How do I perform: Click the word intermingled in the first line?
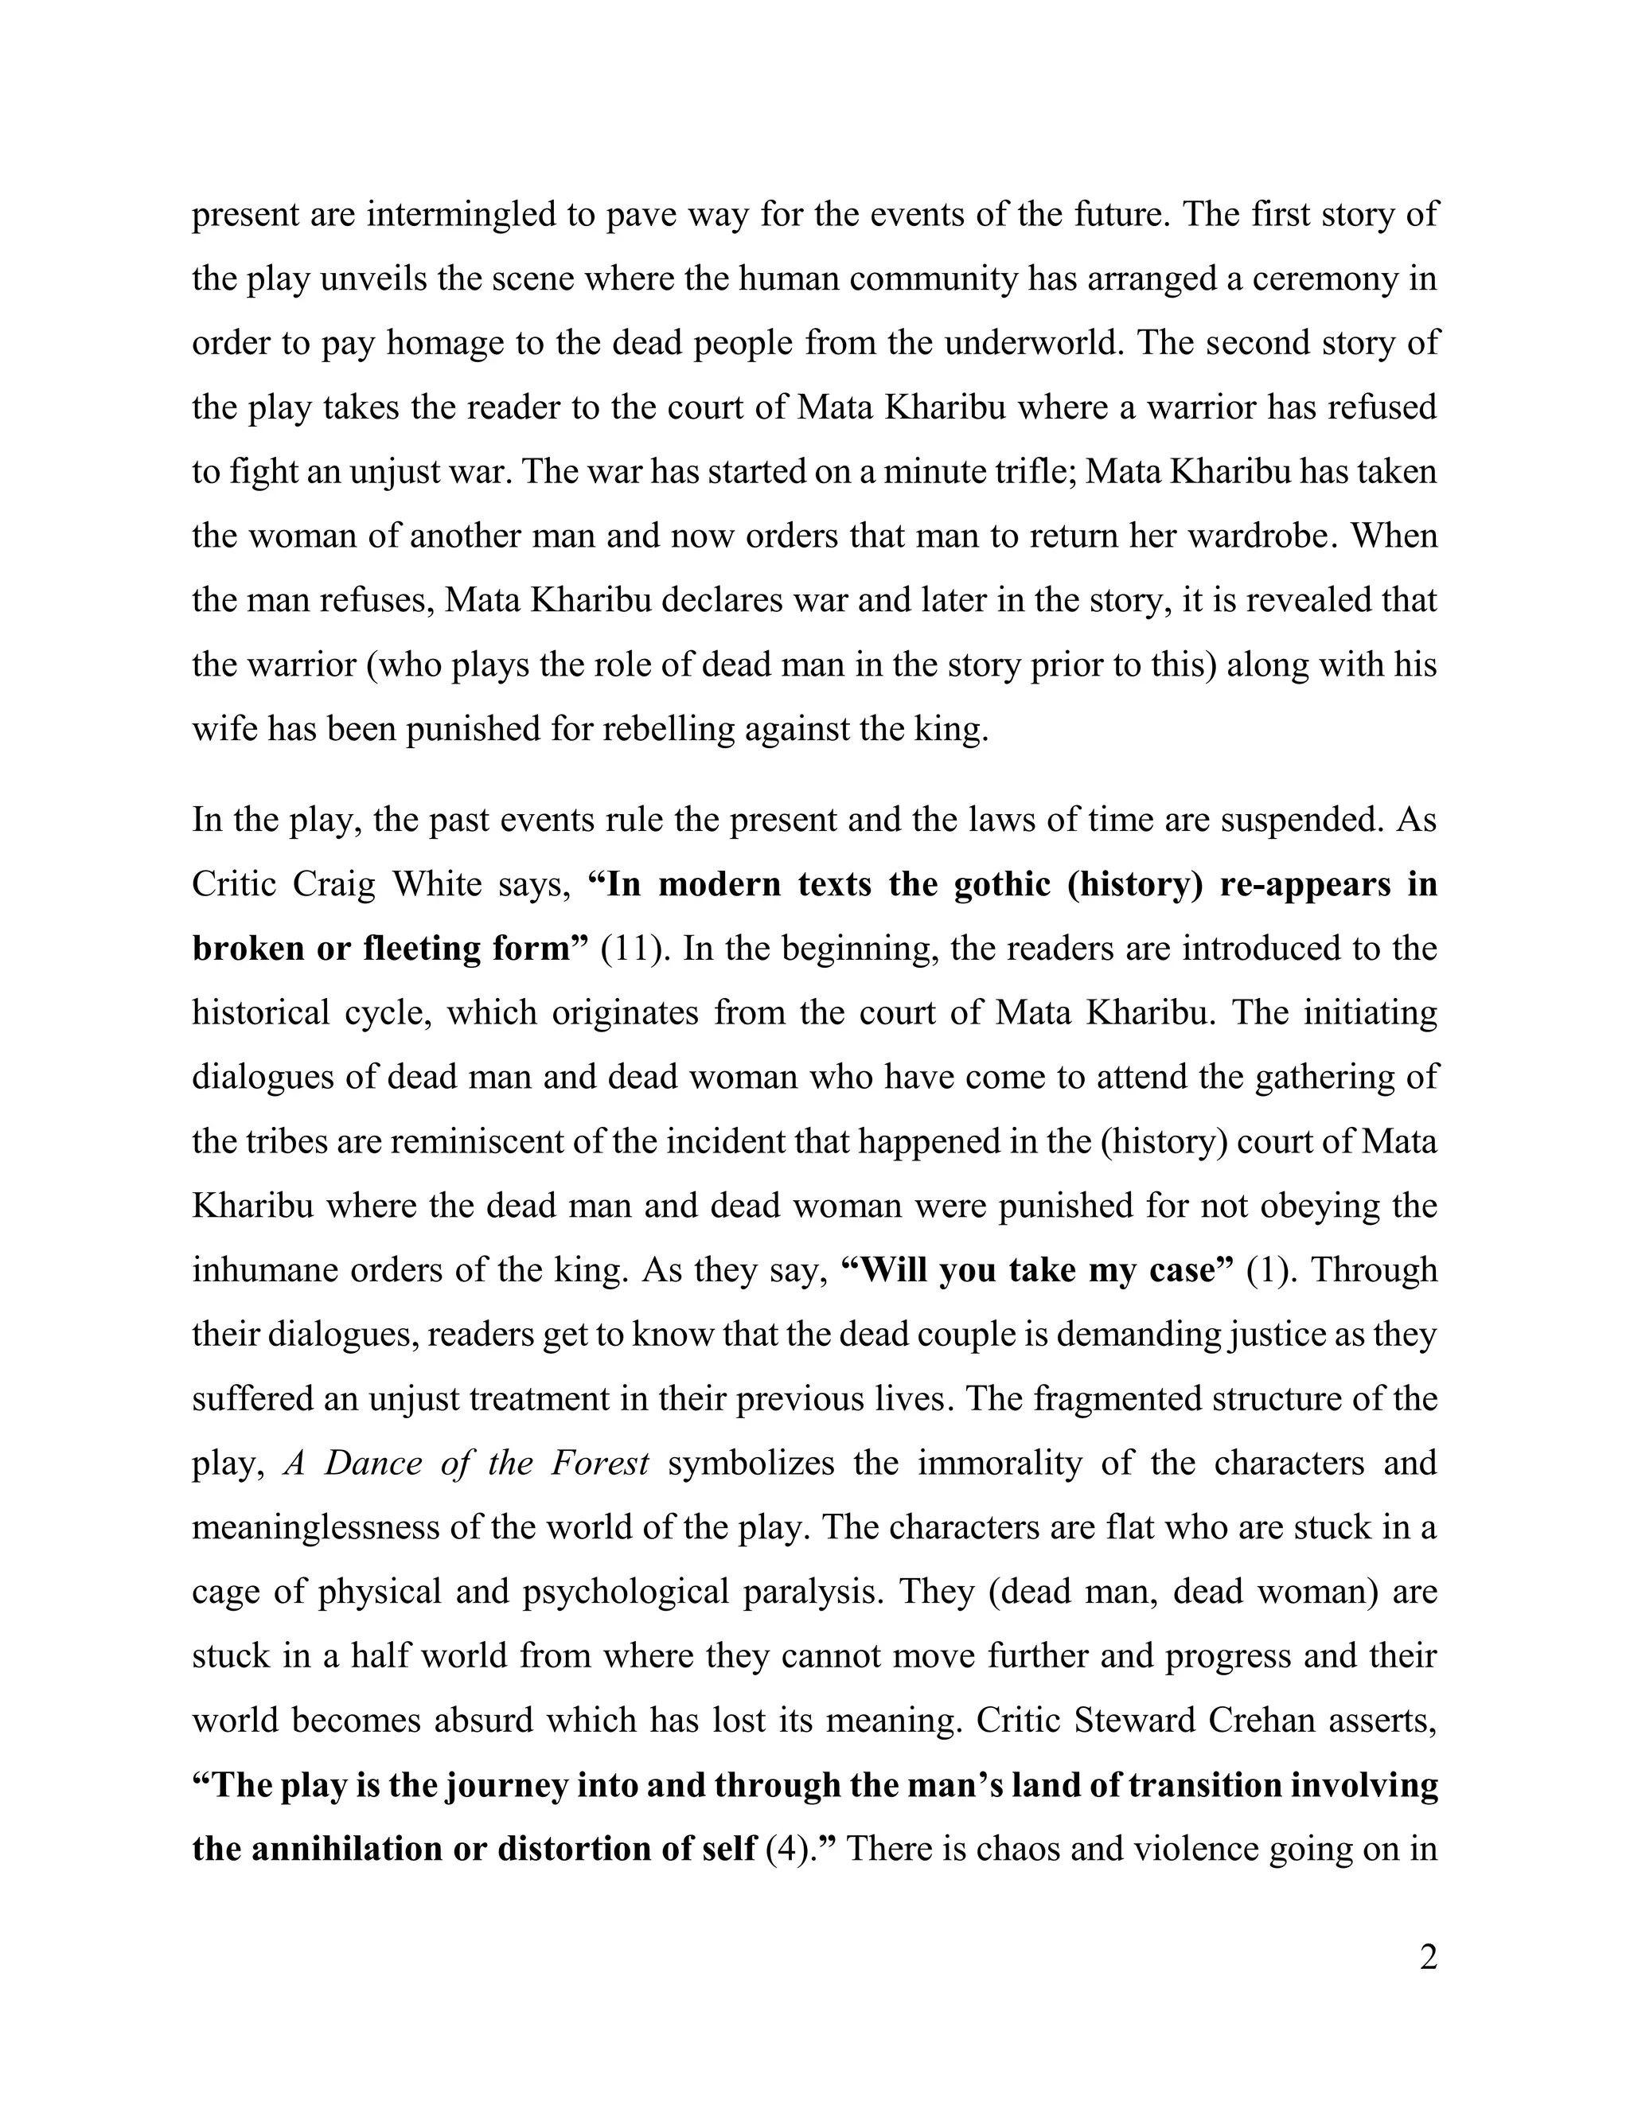[461, 214]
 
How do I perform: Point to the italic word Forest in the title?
[599, 1463]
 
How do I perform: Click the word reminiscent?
[452, 1141]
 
